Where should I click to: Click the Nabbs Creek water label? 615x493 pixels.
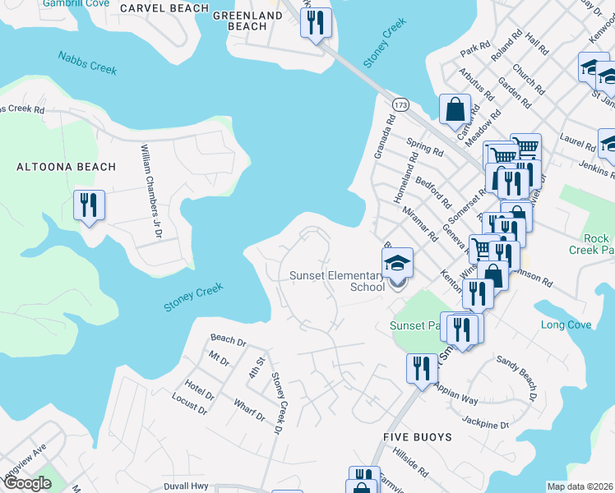point(87,62)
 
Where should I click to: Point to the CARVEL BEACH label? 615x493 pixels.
point(164,8)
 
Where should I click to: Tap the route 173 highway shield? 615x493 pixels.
point(400,105)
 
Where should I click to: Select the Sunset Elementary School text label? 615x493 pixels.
point(337,281)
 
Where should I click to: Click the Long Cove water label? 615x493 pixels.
point(566,325)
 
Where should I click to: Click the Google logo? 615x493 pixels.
point(27,483)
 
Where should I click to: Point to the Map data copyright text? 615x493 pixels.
point(580,486)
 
